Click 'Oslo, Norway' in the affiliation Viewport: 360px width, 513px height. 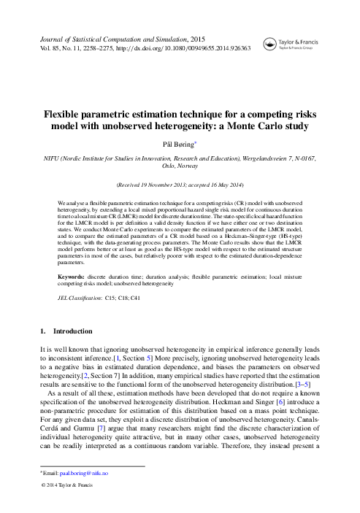[x=180, y=166]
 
